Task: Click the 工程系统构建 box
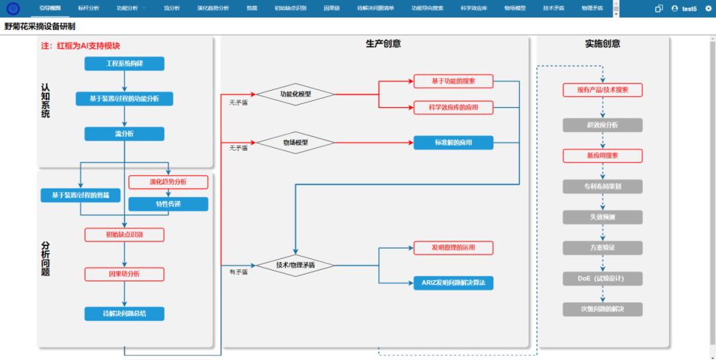tap(124, 64)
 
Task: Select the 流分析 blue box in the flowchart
tap(124, 134)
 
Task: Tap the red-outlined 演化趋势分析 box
tap(168, 182)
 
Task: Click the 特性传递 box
tap(168, 204)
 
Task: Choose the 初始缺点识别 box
tap(124, 235)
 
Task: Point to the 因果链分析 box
tap(124, 274)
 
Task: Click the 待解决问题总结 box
tap(124, 314)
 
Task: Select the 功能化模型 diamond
tap(295, 94)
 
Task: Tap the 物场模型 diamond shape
tap(295, 143)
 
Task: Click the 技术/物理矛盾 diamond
tap(295, 265)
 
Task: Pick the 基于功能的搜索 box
tap(453, 82)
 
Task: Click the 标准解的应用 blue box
tap(453, 143)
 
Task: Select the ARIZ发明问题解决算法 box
tap(453, 283)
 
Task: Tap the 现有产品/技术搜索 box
tap(603, 90)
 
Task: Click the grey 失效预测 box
tap(603, 217)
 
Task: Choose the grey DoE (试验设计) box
tap(603, 278)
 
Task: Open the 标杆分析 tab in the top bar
tap(88, 9)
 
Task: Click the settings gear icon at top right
tap(708, 9)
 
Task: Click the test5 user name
tap(689, 9)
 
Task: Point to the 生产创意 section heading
tap(383, 44)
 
